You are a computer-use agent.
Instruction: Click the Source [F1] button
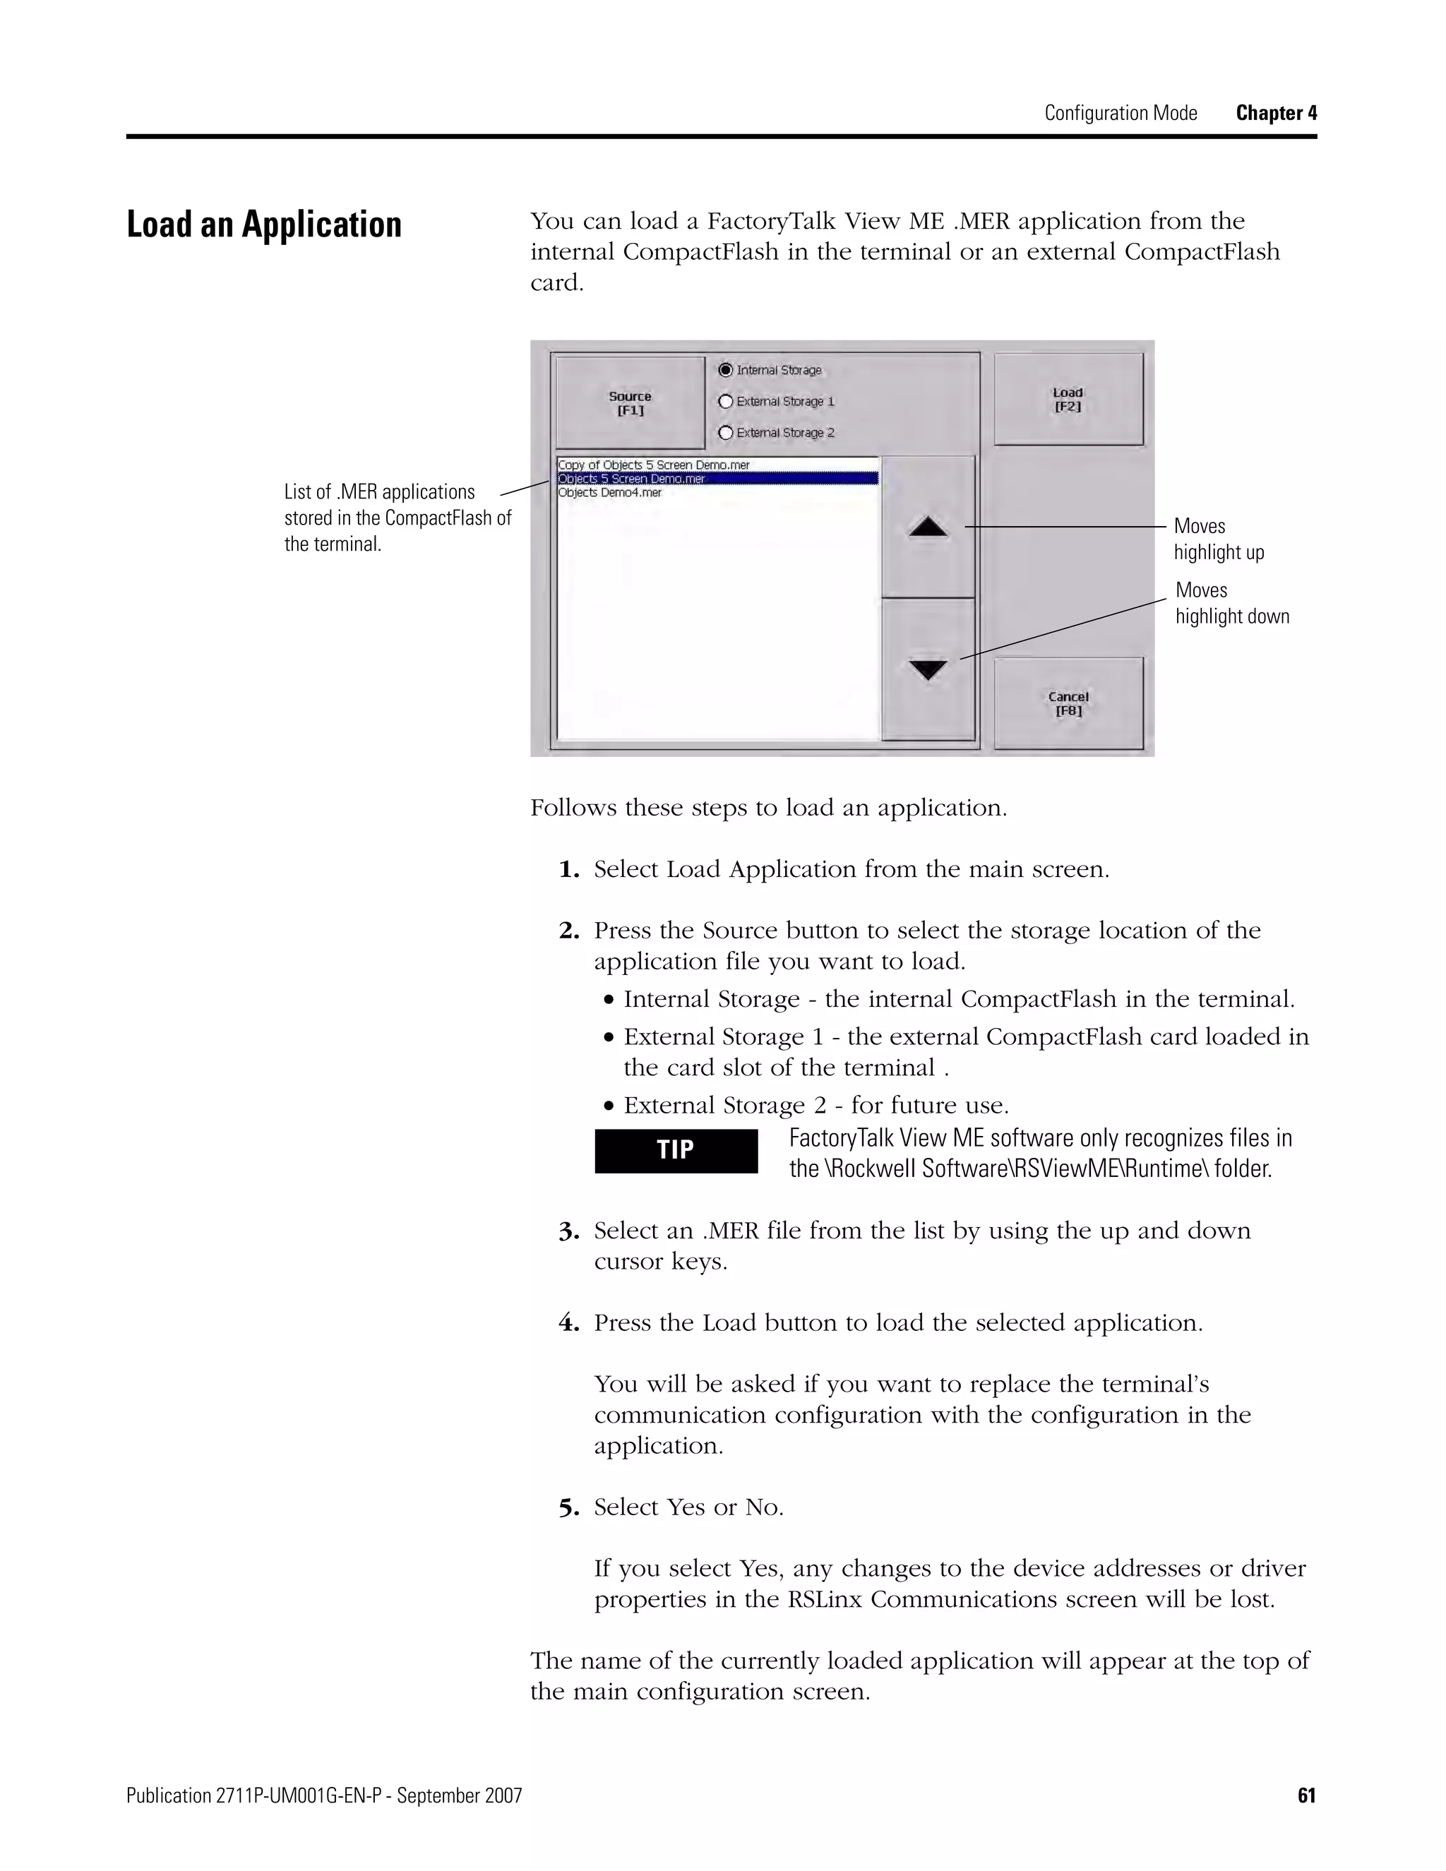tap(630, 402)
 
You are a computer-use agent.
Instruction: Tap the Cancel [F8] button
tap(1068, 703)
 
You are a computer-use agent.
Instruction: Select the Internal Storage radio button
tap(727, 370)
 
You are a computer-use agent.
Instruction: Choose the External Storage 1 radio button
tap(727, 401)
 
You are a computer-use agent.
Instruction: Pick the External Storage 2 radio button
tap(727, 433)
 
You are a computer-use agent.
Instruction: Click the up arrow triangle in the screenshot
tap(928, 527)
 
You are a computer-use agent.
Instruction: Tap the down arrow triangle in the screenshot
tap(928, 669)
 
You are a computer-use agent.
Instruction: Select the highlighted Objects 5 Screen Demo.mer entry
tap(631, 479)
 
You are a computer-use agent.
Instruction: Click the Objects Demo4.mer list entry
tap(610, 493)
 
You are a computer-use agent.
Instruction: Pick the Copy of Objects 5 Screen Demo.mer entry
tap(654, 465)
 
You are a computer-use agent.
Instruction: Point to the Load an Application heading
tap(264, 225)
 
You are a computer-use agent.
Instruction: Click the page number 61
tap(1306, 1795)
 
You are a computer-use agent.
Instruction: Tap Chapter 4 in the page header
tap(1276, 113)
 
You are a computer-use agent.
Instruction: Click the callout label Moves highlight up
tap(1218, 539)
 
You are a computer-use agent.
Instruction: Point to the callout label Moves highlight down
tap(1231, 603)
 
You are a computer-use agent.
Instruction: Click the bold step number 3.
tap(569, 1232)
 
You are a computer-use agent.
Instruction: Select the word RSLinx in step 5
tap(824, 1599)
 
